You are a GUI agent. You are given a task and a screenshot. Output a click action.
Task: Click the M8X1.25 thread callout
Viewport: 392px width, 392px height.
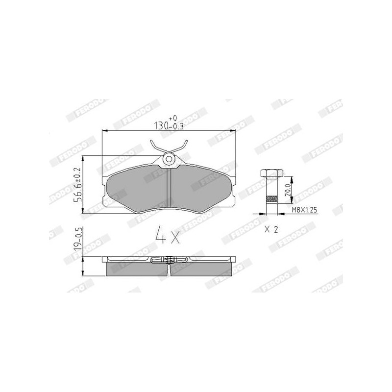(304, 210)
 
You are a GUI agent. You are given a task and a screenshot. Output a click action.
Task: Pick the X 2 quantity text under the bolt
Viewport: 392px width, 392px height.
(271, 229)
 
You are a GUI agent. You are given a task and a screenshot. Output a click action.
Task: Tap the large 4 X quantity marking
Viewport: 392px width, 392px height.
(168, 234)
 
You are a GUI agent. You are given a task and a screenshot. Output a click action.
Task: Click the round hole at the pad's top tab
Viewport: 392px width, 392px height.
(169, 159)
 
